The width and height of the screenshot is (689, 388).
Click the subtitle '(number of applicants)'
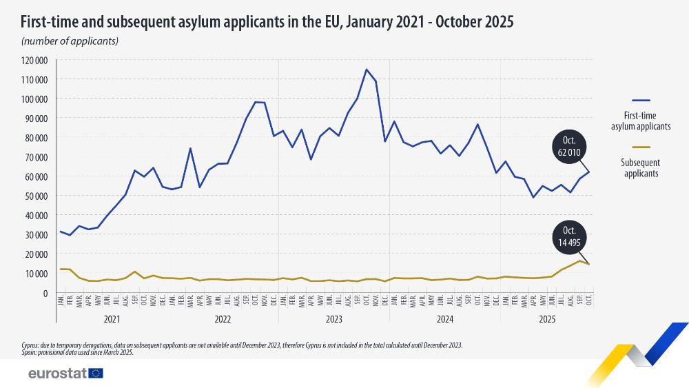(70, 41)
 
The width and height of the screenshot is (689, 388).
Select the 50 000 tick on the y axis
(34, 196)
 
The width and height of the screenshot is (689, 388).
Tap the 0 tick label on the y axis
(43, 293)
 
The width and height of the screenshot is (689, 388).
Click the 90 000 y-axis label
(34, 119)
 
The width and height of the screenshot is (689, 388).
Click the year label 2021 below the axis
(112, 320)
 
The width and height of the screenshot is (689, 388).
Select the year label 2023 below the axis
(333, 320)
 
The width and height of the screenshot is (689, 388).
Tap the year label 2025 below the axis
(547, 320)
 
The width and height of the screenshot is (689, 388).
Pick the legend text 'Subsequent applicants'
(640, 168)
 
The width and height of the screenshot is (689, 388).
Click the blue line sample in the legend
(640, 101)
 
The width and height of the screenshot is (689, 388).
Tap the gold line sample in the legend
(640, 147)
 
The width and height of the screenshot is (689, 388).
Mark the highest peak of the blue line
(367, 70)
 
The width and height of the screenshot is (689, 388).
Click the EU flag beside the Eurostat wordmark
(96, 373)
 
